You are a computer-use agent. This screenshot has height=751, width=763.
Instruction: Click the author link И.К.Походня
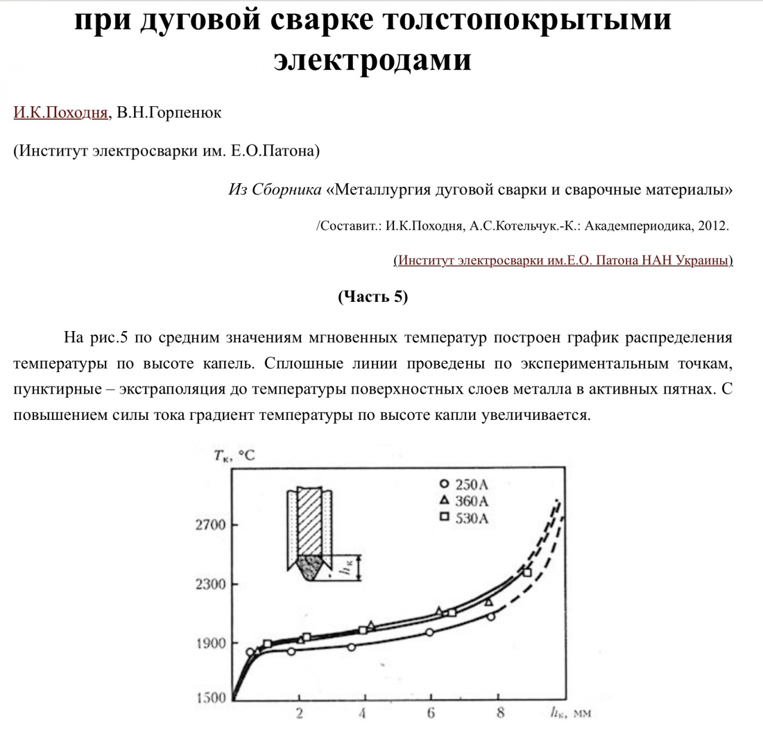(x=60, y=113)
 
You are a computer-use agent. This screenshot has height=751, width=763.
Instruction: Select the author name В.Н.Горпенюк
(x=169, y=113)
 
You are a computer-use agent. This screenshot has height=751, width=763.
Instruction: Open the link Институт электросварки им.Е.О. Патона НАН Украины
(x=563, y=260)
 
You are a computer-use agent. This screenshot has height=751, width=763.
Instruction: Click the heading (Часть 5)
(x=373, y=296)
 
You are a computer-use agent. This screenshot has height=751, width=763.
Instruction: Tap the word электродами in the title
(x=373, y=59)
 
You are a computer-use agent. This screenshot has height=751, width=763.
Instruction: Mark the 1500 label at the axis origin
(x=211, y=698)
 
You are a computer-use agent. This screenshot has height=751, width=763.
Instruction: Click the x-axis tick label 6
(x=430, y=713)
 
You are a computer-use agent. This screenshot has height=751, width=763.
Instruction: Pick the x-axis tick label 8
(x=500, y=712)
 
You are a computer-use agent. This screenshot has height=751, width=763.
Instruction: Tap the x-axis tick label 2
(x=299, y=713)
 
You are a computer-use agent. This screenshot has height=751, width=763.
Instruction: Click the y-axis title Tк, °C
(x=234, y=456)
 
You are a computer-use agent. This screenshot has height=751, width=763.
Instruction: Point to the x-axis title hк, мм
(x=570, y=712)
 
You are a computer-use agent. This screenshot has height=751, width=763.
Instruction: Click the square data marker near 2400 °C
(x=526, y=573)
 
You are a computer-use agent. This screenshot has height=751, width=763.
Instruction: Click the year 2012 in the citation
(x=713, y=226)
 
